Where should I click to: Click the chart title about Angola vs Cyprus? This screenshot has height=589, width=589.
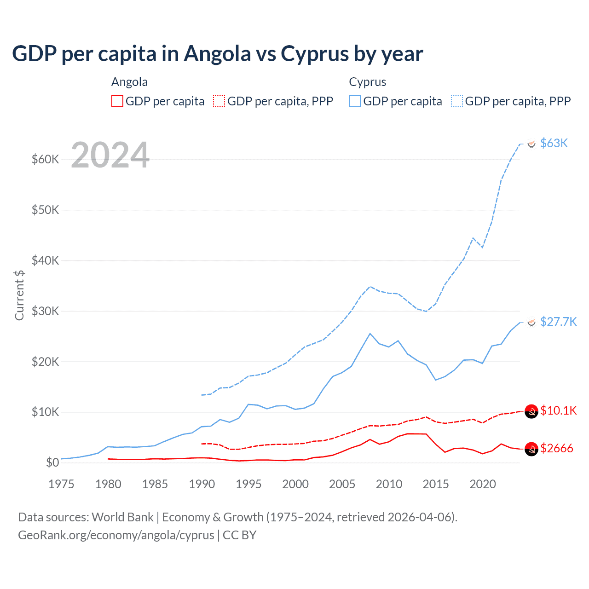point(217,54)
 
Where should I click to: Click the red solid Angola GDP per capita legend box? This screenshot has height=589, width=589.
point(117,101)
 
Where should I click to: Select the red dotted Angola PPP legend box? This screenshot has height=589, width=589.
point(219,101)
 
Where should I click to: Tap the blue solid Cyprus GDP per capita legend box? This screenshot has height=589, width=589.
point(355,101)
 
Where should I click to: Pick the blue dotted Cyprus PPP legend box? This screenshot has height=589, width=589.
point(457,101)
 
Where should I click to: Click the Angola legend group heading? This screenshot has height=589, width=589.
point(129,82)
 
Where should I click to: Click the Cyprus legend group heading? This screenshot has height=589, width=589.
point(367,82)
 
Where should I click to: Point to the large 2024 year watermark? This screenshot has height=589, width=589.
point(110,155)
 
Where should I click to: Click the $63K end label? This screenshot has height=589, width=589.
point(554,143)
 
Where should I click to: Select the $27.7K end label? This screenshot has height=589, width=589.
point(558,321)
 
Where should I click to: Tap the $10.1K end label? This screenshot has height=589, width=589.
point(558,410)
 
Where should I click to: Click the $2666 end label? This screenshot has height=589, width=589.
point(557,448)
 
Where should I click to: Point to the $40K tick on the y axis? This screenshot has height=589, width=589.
point(46,260)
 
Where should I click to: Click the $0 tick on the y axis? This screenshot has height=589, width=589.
point(52,462)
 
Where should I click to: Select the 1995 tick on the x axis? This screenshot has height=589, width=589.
point(248,484)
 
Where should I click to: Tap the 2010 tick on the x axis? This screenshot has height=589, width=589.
point(389,484)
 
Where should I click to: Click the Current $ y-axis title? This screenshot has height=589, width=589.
point(19,295)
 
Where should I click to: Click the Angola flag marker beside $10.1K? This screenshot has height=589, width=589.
point(531,411)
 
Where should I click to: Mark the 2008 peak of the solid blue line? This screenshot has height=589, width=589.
point(370,334)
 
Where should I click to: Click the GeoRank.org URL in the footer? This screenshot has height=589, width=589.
point(116,535)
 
